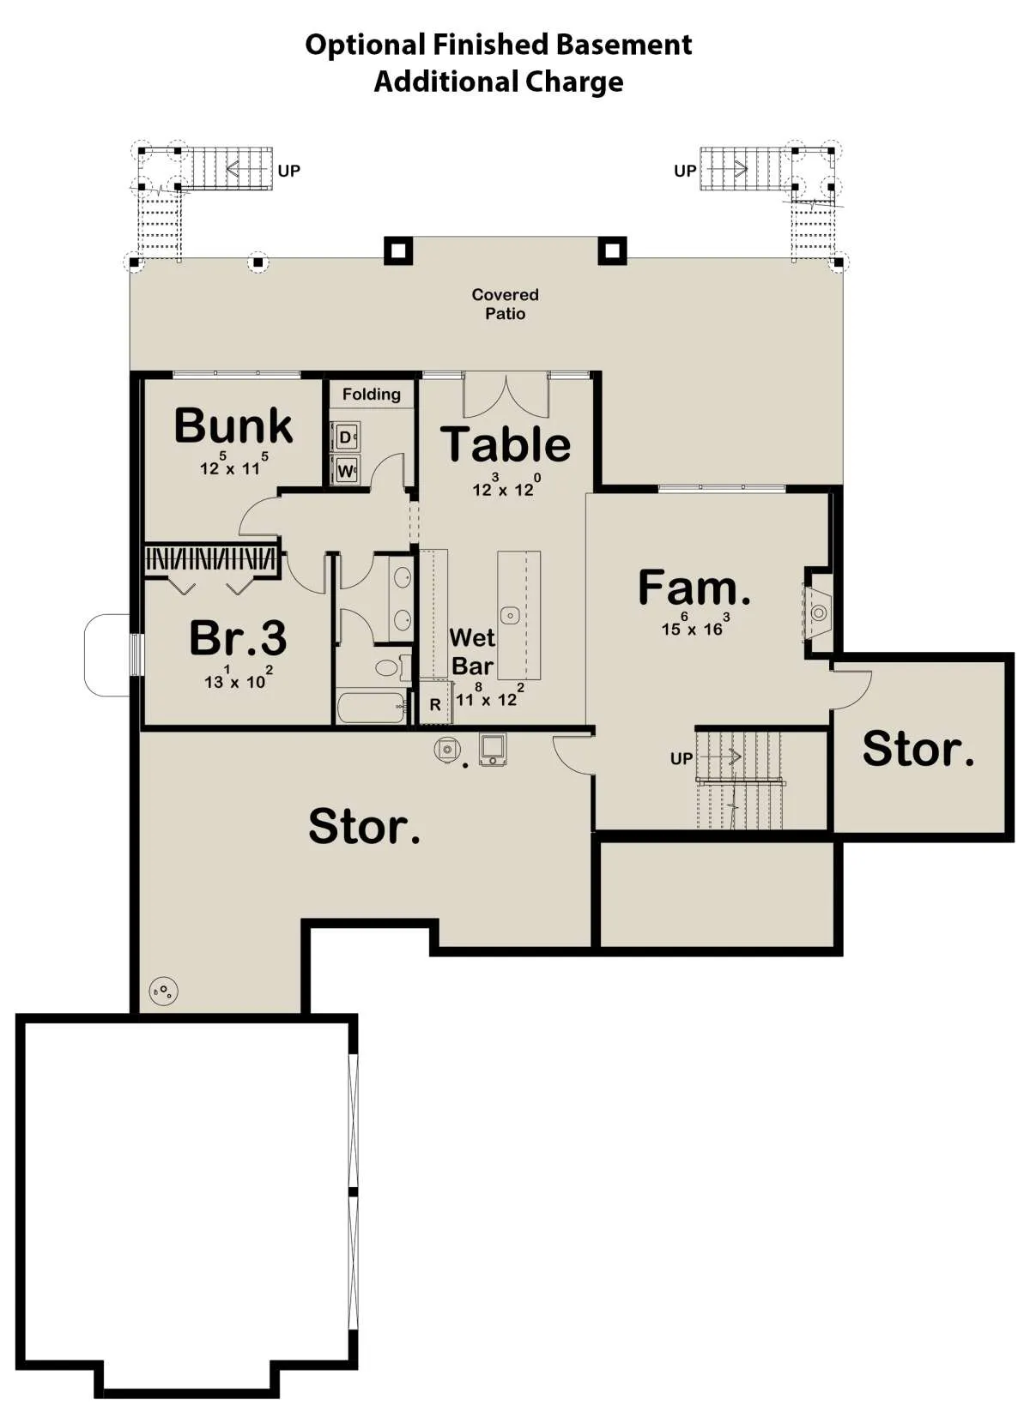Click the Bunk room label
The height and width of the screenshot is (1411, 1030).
(x=233, y=425)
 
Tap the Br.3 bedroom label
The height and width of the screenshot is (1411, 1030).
(x=238, y=637)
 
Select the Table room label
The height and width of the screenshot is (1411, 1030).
(x=506, y=444)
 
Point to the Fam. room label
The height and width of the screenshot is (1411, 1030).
(x=694, y=587)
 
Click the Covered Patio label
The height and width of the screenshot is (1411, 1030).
(x=505, y=304)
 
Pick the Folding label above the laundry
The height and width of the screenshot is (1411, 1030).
(x=372, y=395)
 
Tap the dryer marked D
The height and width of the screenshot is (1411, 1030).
(x=345, y=437)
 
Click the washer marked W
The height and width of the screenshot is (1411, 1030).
(x=345, y=469)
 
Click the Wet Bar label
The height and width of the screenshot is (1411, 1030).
(x=472, y=651)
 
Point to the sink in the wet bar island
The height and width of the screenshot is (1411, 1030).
(x=510, y=615)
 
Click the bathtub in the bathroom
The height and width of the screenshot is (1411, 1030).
(x=372, y=708)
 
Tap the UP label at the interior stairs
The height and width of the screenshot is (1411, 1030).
(x=681, y=759)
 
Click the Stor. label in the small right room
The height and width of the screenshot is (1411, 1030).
(x=918, y=750)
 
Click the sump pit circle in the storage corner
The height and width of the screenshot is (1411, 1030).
(x=163, y=991)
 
